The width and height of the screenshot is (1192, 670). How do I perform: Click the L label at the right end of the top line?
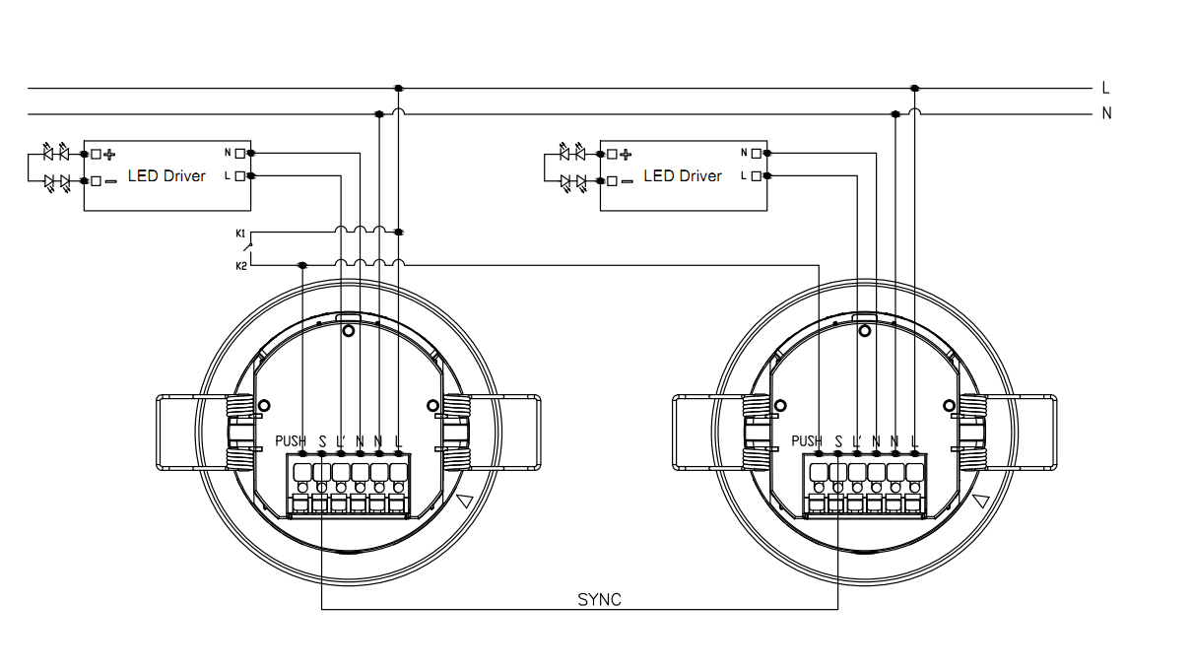point(1106,89)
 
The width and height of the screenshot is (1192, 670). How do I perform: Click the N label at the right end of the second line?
point(1106,113)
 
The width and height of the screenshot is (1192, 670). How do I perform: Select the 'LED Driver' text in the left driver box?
point(166,175)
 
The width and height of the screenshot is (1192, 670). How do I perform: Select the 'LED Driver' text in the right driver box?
point(683,175)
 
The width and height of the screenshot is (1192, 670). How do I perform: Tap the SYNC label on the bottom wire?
point(599,599)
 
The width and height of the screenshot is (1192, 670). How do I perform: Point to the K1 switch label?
point(240,233)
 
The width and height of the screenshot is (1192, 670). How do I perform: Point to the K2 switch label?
point(240,266)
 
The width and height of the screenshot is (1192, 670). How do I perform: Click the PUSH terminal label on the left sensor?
point(291,440)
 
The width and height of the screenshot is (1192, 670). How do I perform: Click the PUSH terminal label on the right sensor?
point(807,440)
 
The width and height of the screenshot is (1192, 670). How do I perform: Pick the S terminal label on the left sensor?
point(322,440)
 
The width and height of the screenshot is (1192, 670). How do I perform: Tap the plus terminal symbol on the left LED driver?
point(110,154)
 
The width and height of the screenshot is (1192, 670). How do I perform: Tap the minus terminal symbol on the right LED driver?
point(627,181)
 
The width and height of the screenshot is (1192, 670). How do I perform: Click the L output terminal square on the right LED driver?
point(756,175)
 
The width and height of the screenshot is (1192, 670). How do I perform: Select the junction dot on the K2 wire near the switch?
point(302,265)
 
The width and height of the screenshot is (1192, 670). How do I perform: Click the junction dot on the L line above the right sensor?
point(914,89)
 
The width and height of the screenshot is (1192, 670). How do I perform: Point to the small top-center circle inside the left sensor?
point(348,332)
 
